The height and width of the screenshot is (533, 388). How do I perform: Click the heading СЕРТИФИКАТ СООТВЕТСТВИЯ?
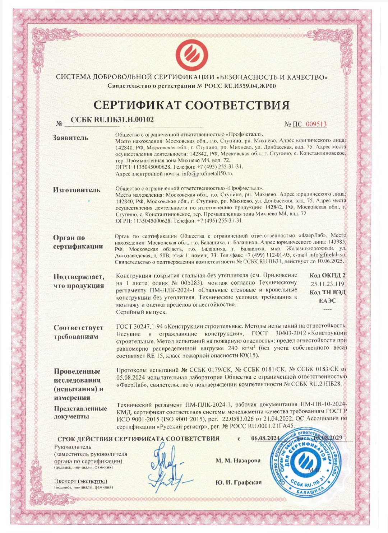[x=191, y=105]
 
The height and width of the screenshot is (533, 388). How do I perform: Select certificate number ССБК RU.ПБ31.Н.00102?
[x=112, y=120]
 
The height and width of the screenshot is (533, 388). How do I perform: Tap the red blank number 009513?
[x=316, y=124]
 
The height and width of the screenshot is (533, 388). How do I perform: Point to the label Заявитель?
[x=70, y=137]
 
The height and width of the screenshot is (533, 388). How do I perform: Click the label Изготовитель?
[x=77, y=190]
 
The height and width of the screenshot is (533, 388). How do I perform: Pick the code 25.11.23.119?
[x=327, y=284]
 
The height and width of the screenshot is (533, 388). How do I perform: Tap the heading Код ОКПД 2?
[x=327, y=276]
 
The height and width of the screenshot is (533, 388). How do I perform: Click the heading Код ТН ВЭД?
[x=327, y=293]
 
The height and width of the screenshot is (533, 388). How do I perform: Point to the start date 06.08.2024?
[x=265, y=438]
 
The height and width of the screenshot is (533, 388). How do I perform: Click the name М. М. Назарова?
[x=238, y=460]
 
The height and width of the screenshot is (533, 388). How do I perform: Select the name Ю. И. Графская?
[x=239, y=483]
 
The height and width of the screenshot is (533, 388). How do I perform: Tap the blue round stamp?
[x=309, y=463]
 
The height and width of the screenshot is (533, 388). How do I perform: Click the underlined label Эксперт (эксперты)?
[x=81, y=481]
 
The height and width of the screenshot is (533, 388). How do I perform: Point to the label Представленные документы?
[x=80, y=412]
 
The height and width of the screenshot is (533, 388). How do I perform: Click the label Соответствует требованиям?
[x=78, y=332]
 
